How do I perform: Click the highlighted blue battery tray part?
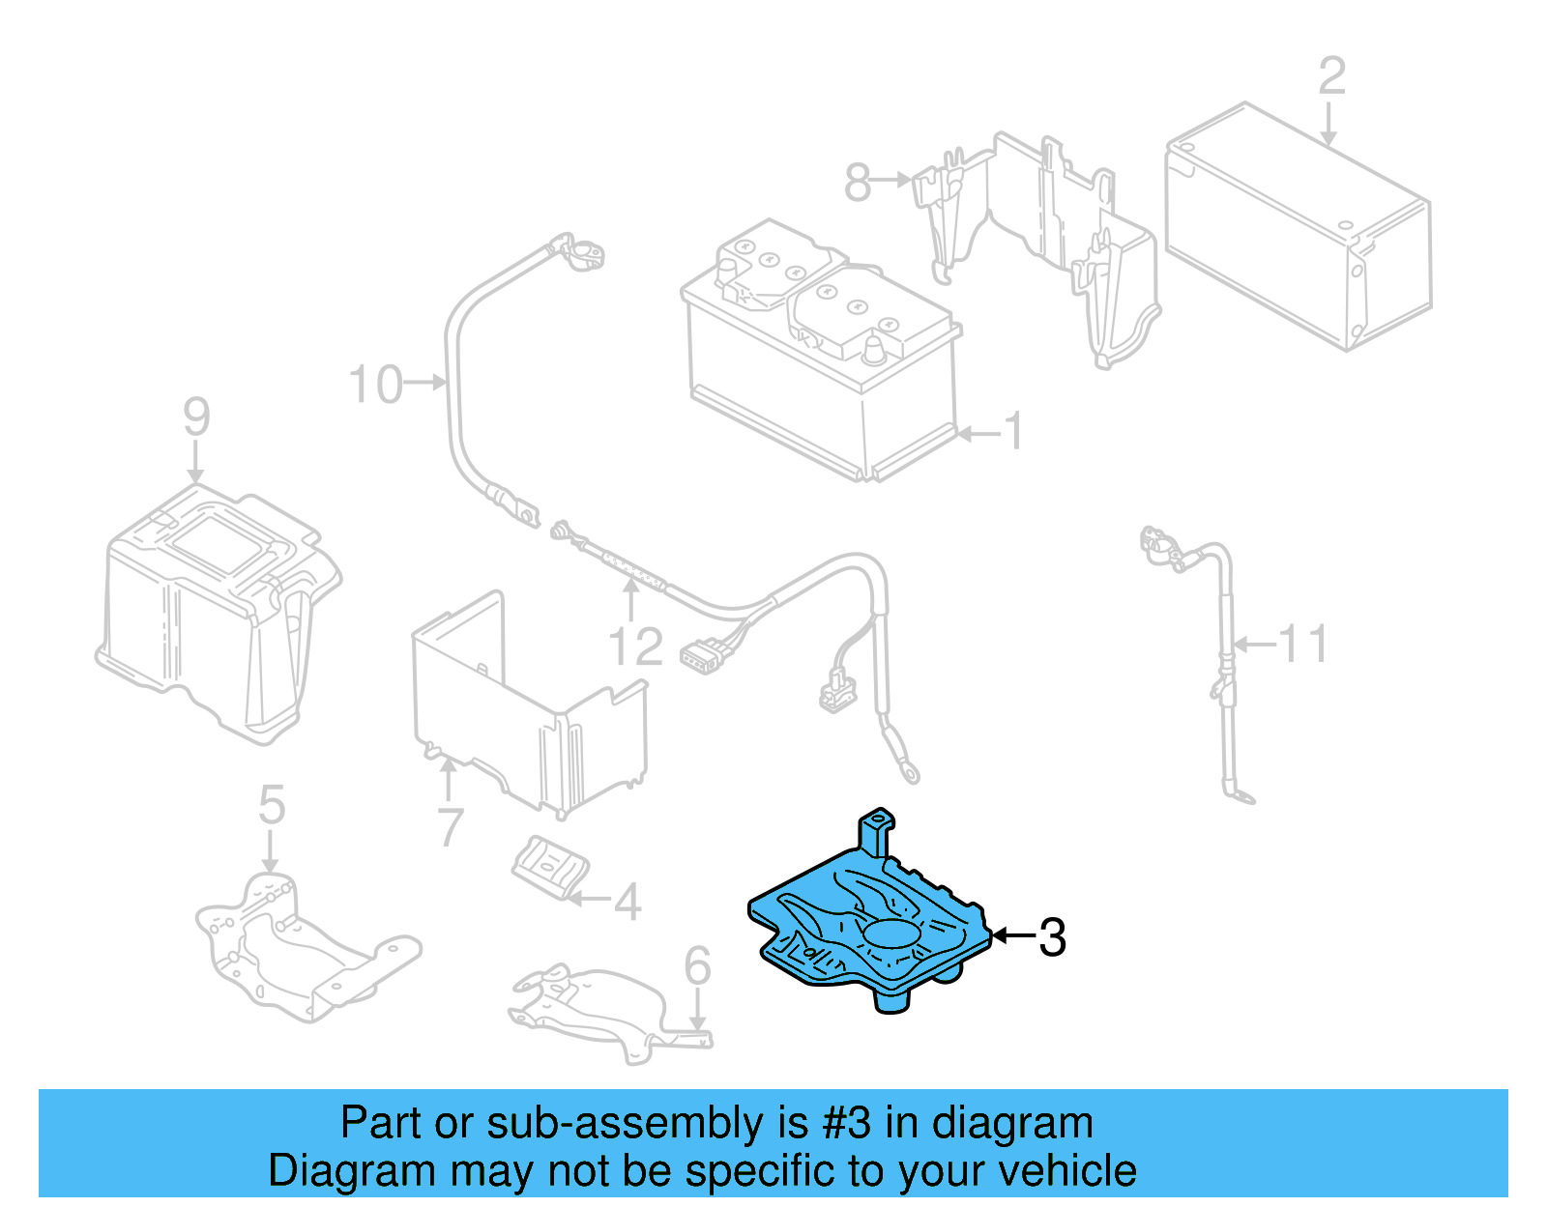click(x=870, y=928)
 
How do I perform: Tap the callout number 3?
click(x=1052, y=937)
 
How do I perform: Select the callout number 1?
click(x=1012, y=431)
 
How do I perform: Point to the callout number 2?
click(x=1331, y=76)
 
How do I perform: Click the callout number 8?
click(x=858, y=181)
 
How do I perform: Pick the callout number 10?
click(x=375, y=385)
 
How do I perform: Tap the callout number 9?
click(x=196, y=417)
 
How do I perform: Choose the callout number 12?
click(x=635, y=647)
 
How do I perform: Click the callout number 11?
click(x=1303, y=644)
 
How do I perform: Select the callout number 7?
click(x=451, y=827)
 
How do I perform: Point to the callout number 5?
click(x=272, y=805)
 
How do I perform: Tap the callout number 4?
click(x=628, y=903)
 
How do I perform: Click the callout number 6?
click(x=697, y=966)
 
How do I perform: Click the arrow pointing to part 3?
click(x=1012, y=935)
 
